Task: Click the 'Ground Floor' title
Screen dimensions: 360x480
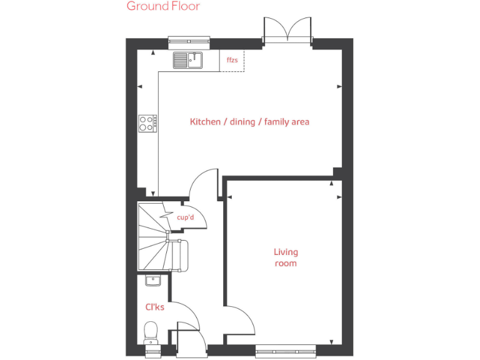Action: click(x=163, y=6)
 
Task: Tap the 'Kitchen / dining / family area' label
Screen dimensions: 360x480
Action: click(x=249, y=121)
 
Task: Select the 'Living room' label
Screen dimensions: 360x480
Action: click(x=286, y=257)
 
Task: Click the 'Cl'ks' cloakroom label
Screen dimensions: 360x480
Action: click(x=155, y=307)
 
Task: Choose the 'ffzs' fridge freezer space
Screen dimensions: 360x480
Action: click(x=232, y=61)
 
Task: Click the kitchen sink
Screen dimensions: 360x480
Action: click(x=187, y=60)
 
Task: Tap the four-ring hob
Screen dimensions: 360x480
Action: click(x=147, y=123)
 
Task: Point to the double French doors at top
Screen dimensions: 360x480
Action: click(x=287, y=31)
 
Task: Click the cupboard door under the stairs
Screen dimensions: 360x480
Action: click(x=194, y=216)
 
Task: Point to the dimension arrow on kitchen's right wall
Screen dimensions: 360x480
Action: click(x=339, y=87)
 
